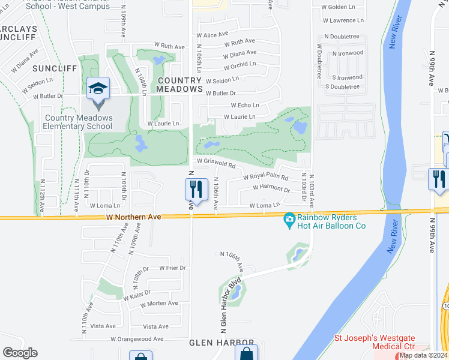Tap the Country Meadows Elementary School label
pos(78,122)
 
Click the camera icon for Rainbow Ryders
pos(289,221)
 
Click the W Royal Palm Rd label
pos(265,178)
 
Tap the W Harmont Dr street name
pos(271,188)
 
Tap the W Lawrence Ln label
pos(343,20)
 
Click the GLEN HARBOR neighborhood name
pos(217,343)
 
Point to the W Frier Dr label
pos(172,268)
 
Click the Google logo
pos(20,353)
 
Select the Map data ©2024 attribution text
pos(423,355)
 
